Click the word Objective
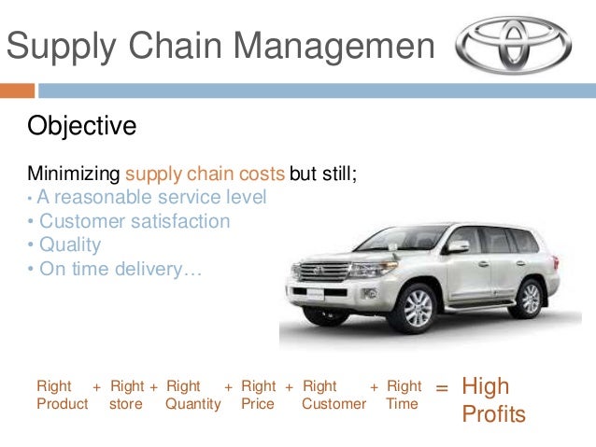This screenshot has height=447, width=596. pos(82,125)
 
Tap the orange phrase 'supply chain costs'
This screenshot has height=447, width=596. pos(205,174)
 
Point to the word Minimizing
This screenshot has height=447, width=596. pos(74,174)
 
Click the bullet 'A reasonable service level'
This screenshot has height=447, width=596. pos(149,198)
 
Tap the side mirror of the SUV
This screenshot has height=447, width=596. pos(457,247)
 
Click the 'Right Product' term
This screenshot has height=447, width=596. pos(62,395)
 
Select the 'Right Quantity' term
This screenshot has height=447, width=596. pos(192,395)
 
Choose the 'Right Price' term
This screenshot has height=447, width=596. pos(258,395)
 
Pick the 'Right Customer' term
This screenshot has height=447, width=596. pos(333,395)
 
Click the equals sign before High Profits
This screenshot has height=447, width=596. pos(442,386)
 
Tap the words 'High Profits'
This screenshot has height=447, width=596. pos(493,399)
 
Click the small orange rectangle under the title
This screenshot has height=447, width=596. pos(17,91)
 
